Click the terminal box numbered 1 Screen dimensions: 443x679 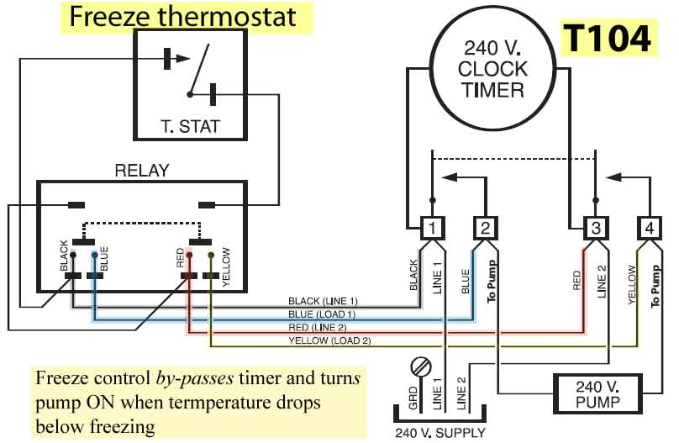(x=431, y=227)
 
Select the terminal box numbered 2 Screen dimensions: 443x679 (x=485, y=227)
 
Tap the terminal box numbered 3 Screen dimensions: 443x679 (x=594, y=227)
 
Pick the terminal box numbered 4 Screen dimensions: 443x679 (x=649, y=227)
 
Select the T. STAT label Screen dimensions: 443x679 (x=190, y=127)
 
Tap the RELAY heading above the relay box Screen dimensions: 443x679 (x=141, y=171)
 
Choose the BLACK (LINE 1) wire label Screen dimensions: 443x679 (x=323, y=301)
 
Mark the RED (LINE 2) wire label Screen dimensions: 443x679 (x=323, y=327)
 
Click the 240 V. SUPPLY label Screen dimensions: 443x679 (x=440, y=433)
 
